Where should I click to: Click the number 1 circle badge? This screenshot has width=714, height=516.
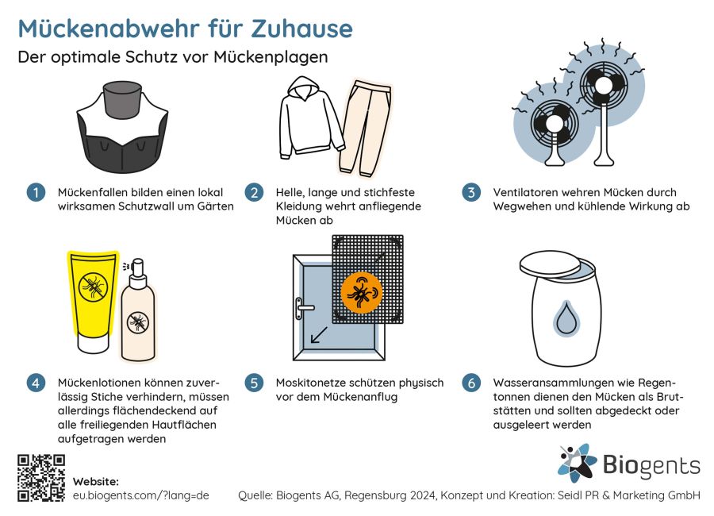(36, 192)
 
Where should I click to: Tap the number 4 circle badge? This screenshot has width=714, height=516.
(36, 383)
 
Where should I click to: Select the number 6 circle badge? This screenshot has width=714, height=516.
(471, 383)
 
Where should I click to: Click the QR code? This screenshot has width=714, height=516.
(41, 478)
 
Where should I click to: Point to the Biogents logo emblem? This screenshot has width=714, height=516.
(577, 463)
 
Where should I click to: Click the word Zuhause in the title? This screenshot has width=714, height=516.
(302, 29)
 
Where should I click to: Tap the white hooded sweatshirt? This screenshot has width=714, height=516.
(311, 117)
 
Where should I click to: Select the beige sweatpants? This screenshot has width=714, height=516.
(365, 129)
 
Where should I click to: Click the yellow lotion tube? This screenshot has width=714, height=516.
(93, 302)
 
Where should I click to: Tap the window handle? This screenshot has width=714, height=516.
(302, 309)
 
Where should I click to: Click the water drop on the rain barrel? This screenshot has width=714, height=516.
(566, 318)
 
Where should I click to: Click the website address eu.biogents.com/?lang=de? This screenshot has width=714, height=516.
(140, 495)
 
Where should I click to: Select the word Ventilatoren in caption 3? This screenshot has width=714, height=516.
(524, 192)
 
